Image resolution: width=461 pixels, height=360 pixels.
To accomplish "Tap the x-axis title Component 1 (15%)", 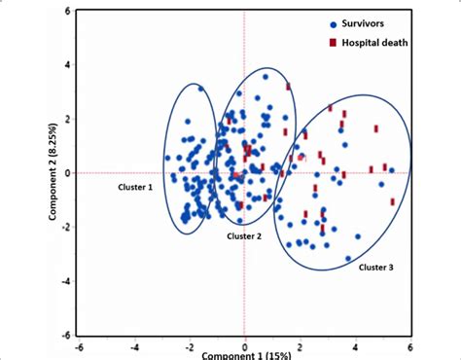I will (246, 354).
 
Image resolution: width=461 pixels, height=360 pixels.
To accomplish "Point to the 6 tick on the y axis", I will (67, 12).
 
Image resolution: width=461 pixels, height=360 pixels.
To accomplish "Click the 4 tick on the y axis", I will (67, 66).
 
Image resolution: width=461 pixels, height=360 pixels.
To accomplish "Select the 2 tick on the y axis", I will (67, 120).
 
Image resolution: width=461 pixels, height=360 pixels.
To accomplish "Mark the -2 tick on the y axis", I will (65, 228).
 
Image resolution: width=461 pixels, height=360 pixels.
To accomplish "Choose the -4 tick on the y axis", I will (65, 281).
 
